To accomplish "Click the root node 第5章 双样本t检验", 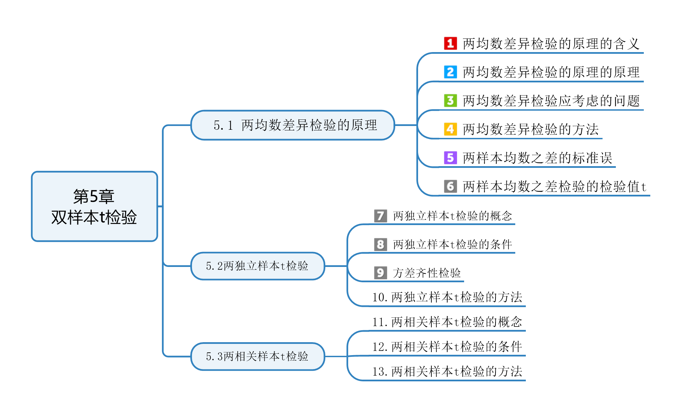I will click(x=94, y=206).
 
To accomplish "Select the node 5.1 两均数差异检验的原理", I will click(x=293, y=125).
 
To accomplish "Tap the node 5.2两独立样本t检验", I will click(x=257, y=266).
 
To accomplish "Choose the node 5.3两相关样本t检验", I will click(x=257, y=356).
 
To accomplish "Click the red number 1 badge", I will click(x=450, y=43).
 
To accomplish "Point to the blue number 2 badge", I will click(x=450, y=72).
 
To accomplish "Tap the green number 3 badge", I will click(x=450, y=100).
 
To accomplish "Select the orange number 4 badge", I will click(x=450, y=129).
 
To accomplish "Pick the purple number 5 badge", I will click(x=450, y=158).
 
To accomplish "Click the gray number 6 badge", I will click(x=450, y=186).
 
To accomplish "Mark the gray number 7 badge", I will click(x=380, y=216).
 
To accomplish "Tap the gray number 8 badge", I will click(x=380, y=244).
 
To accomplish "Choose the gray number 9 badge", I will click(x=380, y=273).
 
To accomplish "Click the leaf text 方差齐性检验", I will click(x=427, y=273).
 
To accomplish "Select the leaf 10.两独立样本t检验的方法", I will click(x=447, y=297).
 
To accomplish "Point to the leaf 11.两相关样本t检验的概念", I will click(x=447, y=322).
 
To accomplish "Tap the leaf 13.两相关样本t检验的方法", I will click(x=447, y=371).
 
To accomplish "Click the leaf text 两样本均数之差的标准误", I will click(x=537, y=158).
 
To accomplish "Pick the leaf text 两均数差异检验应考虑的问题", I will click(x=551, y=101).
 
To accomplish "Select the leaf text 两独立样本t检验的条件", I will click(x=452, y=244).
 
